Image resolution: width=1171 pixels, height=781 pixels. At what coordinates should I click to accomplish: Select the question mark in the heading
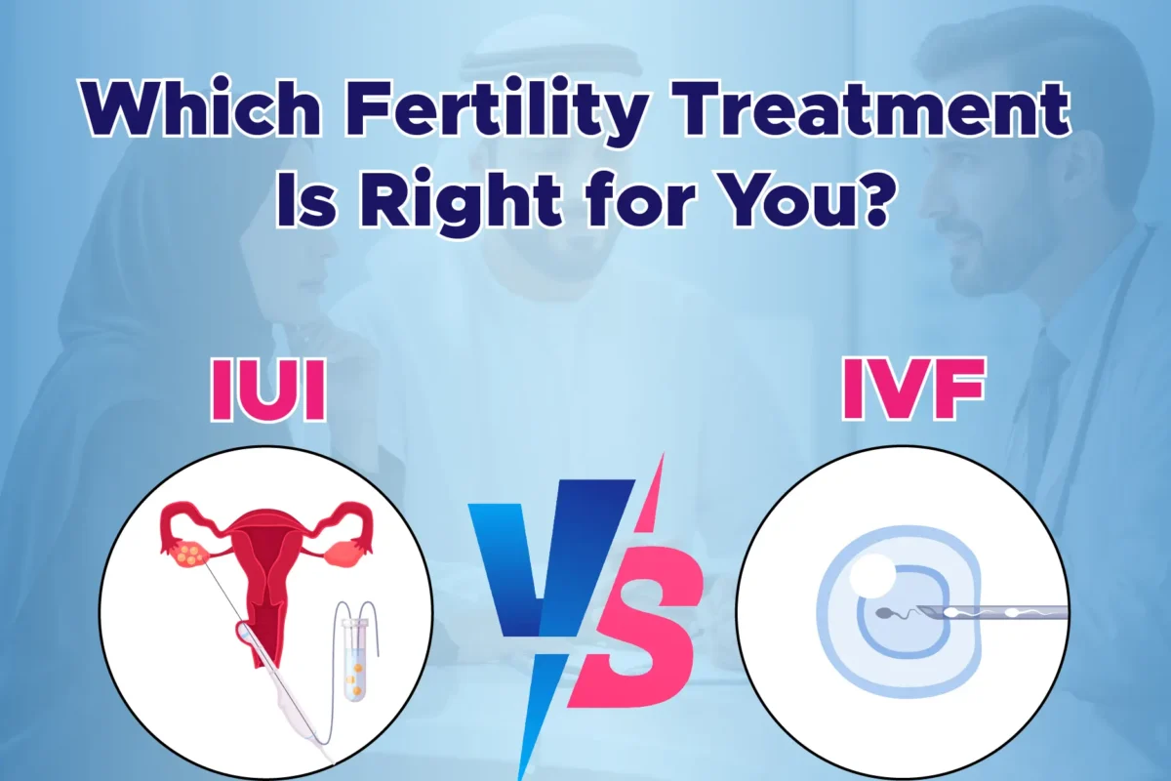tap(878, 204)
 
